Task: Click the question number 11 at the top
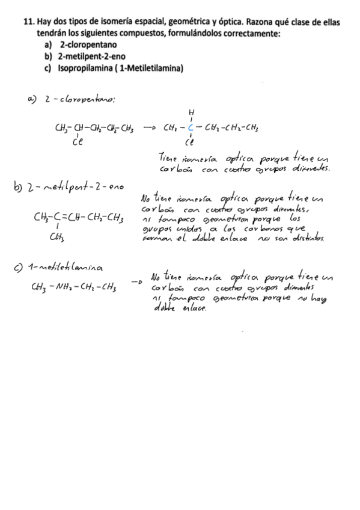[x=28, y=21]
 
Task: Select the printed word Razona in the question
[x=242, y=21]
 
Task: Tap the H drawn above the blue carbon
[x=191, y=112]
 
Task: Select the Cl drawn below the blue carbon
[x=191, y=143]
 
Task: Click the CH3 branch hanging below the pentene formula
[x=53, y=238]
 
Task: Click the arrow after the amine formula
[x=136, y=281]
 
